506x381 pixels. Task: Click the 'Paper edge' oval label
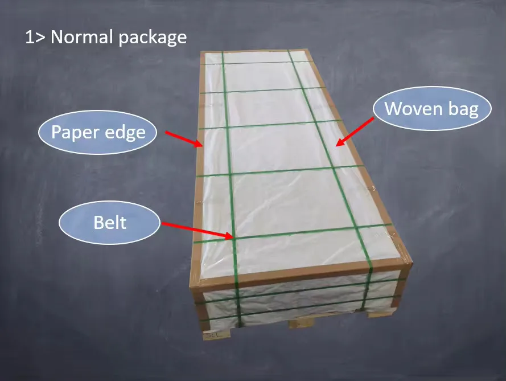(x=98, y=132)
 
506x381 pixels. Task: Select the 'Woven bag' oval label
(x=432, y=109)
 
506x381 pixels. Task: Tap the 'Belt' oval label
(x=110, y=222)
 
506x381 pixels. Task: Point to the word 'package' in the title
(x=155, y=38)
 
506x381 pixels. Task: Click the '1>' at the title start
(x=36, y=38)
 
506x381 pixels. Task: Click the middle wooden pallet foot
(x=302, y=323)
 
